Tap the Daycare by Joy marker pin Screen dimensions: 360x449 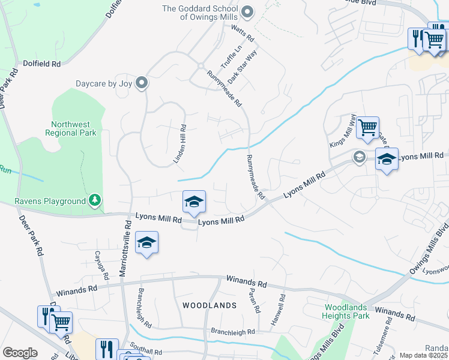click(x=142, y=83)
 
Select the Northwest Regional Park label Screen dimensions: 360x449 click(x=74, y=128)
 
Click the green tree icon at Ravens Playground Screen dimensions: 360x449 click(x=95, y=200)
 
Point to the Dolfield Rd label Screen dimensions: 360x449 click(x=42, y=63)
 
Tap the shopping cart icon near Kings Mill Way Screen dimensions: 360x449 click(x=367, y=127)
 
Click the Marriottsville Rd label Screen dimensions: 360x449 click(x=126, y=247)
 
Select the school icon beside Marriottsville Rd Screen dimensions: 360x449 click(x=146, y=242)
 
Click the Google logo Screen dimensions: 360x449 click(x=20, y=353)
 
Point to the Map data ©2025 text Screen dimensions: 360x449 click(x=423, y=355)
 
